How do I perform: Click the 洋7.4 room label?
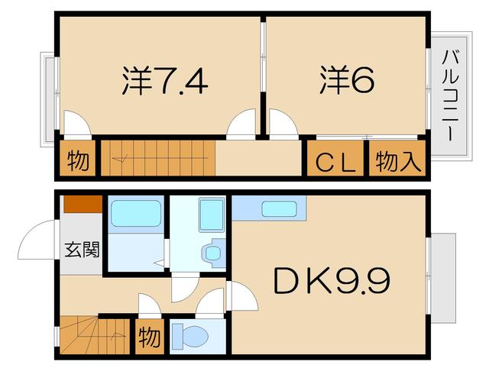164,80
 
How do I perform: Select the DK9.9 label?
332,282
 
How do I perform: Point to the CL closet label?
336,162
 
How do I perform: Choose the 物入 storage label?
398,161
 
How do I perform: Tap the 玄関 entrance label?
81,249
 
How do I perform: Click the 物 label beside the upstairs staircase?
78,161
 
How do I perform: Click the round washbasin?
212,252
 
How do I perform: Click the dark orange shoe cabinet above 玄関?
83,205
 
